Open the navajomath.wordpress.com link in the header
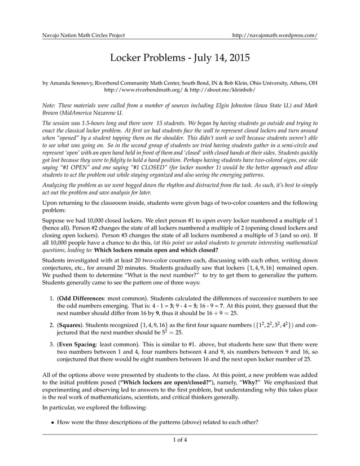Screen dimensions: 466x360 click(275, 34)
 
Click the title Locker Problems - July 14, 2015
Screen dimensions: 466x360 click(179, 58)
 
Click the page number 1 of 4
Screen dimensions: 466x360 click(179, 439)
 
